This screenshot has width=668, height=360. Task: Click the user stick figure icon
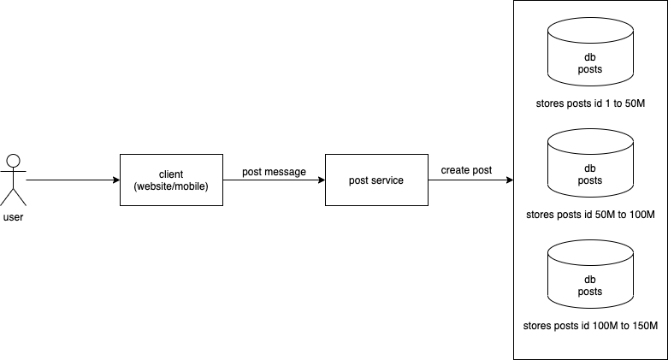13,180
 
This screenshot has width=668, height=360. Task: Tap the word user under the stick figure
14,217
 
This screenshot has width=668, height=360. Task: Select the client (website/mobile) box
171,180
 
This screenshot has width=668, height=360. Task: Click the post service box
376,180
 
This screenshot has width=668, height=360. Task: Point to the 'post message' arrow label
274,172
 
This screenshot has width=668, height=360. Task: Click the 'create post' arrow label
466,170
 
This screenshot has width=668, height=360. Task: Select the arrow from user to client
73,180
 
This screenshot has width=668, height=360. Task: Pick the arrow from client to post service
274,181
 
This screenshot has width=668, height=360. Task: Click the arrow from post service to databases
470,181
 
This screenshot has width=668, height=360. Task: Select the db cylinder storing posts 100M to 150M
590,277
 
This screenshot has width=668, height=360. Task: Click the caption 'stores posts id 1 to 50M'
590,103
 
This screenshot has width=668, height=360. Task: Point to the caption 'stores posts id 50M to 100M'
590,214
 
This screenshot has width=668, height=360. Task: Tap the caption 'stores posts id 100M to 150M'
590,326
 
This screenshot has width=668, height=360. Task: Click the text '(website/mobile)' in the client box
171,186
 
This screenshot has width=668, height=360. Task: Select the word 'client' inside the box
171,174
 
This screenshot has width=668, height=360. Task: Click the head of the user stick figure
13,160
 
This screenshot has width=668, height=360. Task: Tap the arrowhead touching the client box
115,180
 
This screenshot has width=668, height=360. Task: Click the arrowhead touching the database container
509,181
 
